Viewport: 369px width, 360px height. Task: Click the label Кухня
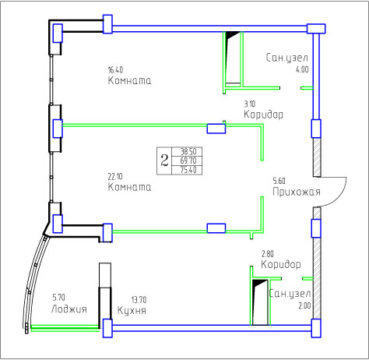click(x=132, y=310)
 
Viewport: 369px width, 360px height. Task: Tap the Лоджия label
click(x=69, y=309)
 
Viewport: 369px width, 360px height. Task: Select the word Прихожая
click(x=297, y=192)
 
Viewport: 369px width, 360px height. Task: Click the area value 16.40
click(x=115, y=70)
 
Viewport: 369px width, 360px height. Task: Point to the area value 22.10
click(x=115, y=177)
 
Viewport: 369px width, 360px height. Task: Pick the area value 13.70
click(x=139, y=300)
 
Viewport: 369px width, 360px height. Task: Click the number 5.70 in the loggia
click(x=58, y=297)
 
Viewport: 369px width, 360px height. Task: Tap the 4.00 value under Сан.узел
click(x=302, y=69)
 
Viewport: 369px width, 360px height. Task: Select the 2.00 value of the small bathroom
click(x=304, y=305)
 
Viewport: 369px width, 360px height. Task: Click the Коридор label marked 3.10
click(x=263, y=115)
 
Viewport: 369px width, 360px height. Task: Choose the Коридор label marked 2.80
click(x=281, y=264)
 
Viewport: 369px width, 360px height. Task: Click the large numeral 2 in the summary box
click(x=164, y=161)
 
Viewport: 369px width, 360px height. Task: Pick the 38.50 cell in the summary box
click(x=188, y=151)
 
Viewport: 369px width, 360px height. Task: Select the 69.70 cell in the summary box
click(x=188, y=161)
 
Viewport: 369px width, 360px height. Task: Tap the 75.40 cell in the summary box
click(x=188, y=170)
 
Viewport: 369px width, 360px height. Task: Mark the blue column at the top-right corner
click(x=316, y=29)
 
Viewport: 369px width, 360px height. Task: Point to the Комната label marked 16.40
click(x=129, y=80)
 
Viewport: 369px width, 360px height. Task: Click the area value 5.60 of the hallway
click(x=279, y=181)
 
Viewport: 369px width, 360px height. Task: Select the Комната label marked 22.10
click(x=129, y=187)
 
